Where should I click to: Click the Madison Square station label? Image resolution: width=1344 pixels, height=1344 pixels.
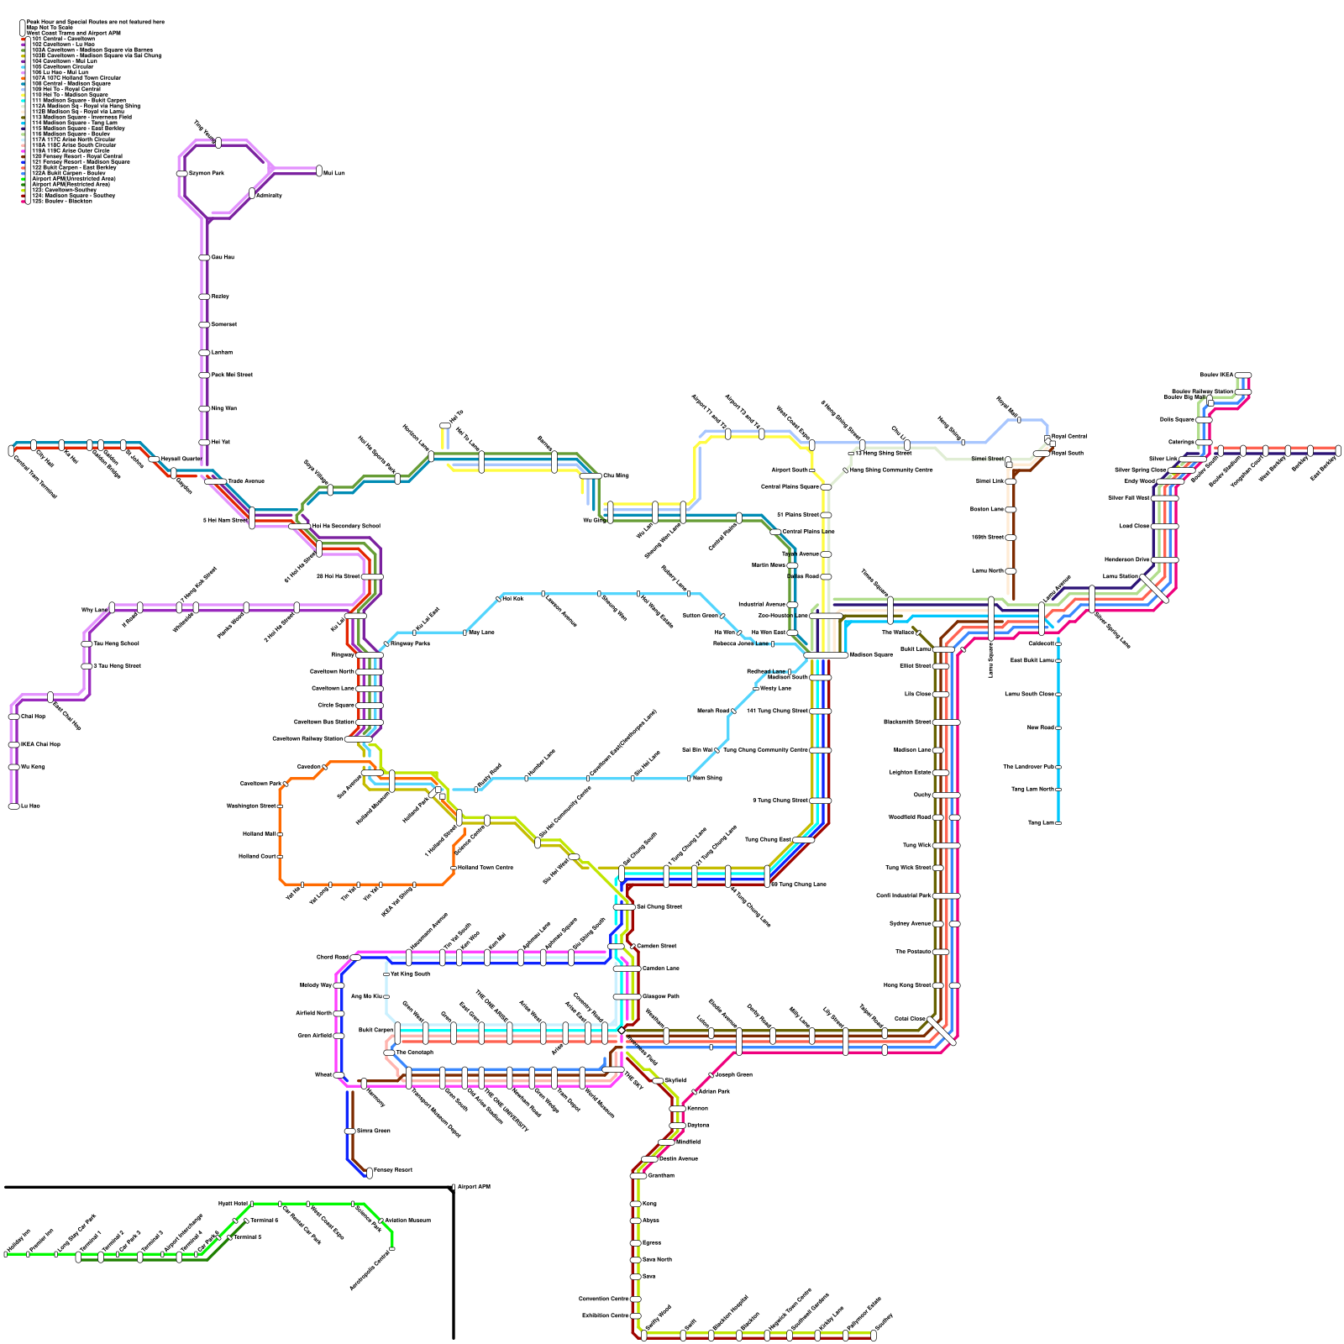[871, 654]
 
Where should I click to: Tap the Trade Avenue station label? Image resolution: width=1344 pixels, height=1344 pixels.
[246, 481]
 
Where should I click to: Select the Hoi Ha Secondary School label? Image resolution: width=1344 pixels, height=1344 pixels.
[345, 526]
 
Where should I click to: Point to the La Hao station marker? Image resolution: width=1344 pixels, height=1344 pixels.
[13, 806]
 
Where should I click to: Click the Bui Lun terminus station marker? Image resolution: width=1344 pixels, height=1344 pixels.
[319, 171]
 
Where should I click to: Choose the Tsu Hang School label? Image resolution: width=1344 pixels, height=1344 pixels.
[116, 643]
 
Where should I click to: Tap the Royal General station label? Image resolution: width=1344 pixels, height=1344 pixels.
[1069, 436]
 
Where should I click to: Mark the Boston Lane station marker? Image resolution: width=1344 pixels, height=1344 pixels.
[1011, 509]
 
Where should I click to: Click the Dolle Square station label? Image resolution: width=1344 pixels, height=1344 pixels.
[1177, 419]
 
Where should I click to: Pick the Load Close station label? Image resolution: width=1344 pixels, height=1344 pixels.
[1134, 526]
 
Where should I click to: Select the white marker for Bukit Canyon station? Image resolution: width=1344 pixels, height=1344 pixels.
[397, 1030]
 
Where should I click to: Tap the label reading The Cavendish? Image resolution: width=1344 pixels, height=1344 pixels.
[414, 1052]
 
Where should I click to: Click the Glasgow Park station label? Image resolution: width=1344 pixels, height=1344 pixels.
[661, 996]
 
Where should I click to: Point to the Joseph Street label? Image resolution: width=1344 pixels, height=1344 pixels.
[733, 1074]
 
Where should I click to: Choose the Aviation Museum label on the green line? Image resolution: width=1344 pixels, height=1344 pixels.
[407, 1220]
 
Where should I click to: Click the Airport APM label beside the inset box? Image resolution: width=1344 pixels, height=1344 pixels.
[474, 1187]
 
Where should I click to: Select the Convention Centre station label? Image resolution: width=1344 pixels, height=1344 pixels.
[604, 1299]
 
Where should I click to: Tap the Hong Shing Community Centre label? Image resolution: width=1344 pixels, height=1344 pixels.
[891, 470]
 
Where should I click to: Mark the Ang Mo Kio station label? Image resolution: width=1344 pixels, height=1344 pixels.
[367, 996]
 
